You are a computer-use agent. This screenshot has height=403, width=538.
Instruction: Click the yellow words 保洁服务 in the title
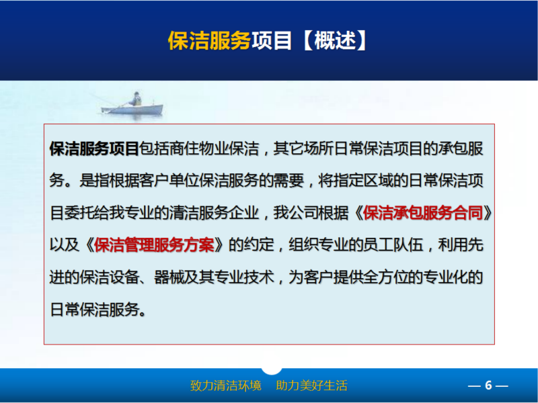tap(209, 41)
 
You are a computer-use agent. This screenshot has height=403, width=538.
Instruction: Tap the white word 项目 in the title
tap(272, 41)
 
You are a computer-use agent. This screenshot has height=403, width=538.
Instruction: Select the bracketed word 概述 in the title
tap(335, 40)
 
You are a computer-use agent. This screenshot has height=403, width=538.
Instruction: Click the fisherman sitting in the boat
tap(137, 99)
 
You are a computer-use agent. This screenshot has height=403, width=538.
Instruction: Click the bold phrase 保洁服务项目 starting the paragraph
tap(94, 148)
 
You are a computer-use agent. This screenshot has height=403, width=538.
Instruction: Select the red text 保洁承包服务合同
tap(423, 213)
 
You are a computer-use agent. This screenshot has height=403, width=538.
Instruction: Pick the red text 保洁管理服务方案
tap(154, 245)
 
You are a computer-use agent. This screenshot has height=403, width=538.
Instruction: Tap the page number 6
tap(488, 386)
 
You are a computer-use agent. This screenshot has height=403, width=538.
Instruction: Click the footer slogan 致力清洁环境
tap(226, 386)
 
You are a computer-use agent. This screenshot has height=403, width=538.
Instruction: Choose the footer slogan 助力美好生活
tap(311, 386)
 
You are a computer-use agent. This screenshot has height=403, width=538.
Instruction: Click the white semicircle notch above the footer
tap(272, 371)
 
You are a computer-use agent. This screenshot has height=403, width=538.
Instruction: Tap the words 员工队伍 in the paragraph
tap(393, 245)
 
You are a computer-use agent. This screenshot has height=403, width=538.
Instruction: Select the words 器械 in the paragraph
tap(169, 277)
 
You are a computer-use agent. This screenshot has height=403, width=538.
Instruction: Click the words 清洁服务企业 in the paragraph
tap(214, 213)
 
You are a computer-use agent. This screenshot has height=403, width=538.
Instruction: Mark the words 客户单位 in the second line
tap(169, 181)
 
